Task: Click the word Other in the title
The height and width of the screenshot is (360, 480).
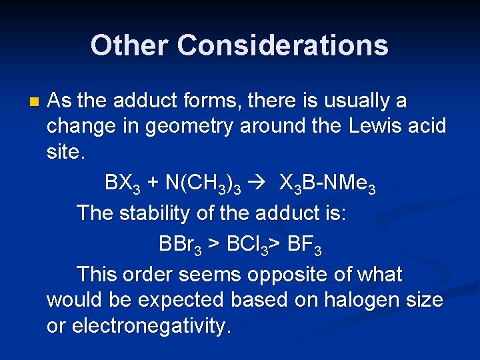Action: (129, 45)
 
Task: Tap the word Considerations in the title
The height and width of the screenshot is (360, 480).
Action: (283, 45)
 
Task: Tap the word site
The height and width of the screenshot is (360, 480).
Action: (65, 152)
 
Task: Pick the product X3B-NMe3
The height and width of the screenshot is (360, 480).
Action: (327, 183)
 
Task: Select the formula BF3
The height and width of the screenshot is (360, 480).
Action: (304, 244)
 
